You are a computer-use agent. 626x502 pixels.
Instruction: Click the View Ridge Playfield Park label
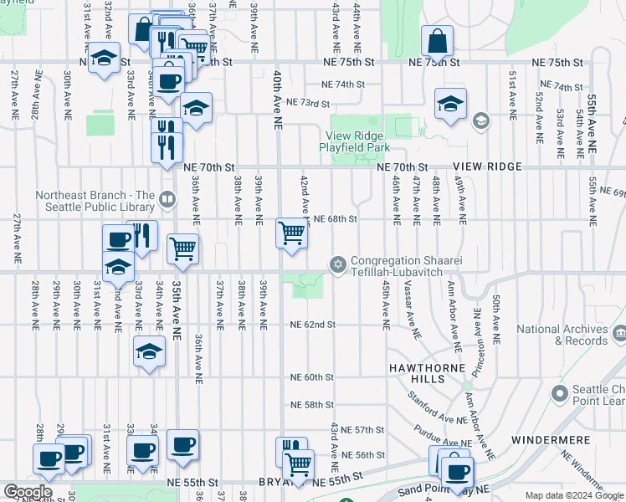(x=355, y=141)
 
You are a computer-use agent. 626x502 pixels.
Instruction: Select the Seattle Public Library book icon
(x=167, y=199)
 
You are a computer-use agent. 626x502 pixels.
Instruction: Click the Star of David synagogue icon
(x=338, y=265)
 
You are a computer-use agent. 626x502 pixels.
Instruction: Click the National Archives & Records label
(x=562, y=336)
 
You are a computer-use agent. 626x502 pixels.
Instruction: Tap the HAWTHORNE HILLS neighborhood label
(x=425, y=369)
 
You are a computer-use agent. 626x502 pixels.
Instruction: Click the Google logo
(x=27, y=492)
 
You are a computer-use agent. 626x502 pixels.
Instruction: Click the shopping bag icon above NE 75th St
(x=438, y=39)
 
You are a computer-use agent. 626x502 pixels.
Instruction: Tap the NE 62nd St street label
(x=312, y=325)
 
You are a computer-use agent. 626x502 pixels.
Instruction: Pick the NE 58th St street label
(x=312, y=405)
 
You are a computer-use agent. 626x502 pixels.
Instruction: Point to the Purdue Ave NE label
(x=441, y=435)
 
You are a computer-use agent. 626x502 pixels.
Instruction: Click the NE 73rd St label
(x=308, y=102)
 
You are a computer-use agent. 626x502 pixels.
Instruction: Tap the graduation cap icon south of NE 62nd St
(x=149, y=352)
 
